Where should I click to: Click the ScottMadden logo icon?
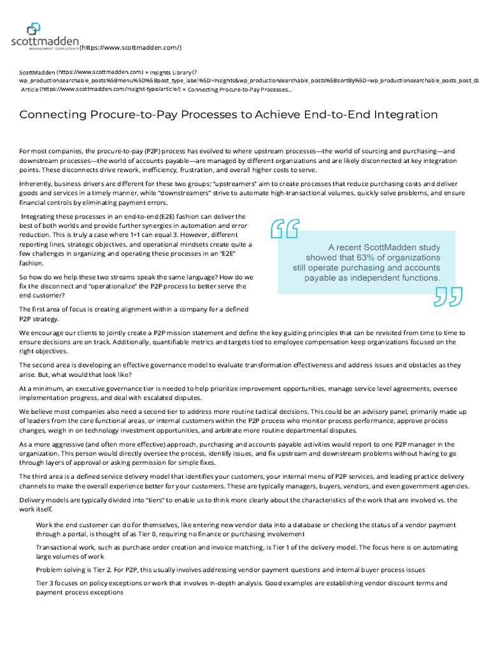coord(33,29)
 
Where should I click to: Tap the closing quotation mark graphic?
coord(449,296)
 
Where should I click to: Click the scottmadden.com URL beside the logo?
coord(131,48)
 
